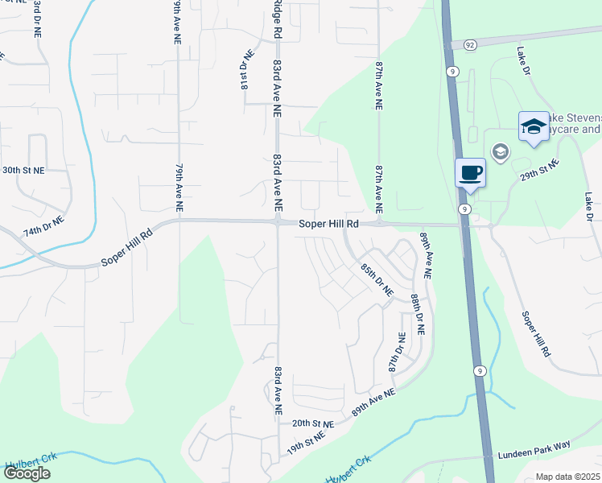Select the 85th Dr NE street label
(x=376, y=279)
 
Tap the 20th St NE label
(x=312, y=423)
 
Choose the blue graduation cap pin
(x=533, y=126)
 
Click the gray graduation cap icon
(x=500, y=152)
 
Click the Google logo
(x=27, y=473)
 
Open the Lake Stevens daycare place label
(x=574, y=123)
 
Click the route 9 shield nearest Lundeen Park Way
(x=480, y=370)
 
